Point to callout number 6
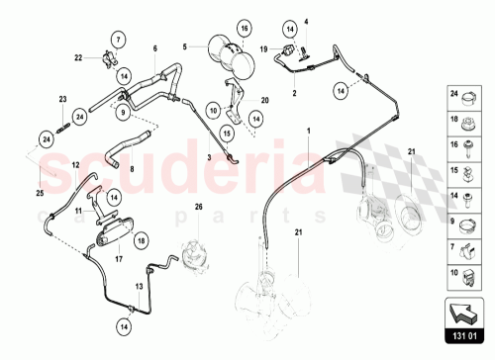point(154,47)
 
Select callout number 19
point(264,47)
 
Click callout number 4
point(306,22)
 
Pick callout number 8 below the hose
point(131,169)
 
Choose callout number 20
point(264,101)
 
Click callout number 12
point(75,164)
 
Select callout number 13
point(139,286)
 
